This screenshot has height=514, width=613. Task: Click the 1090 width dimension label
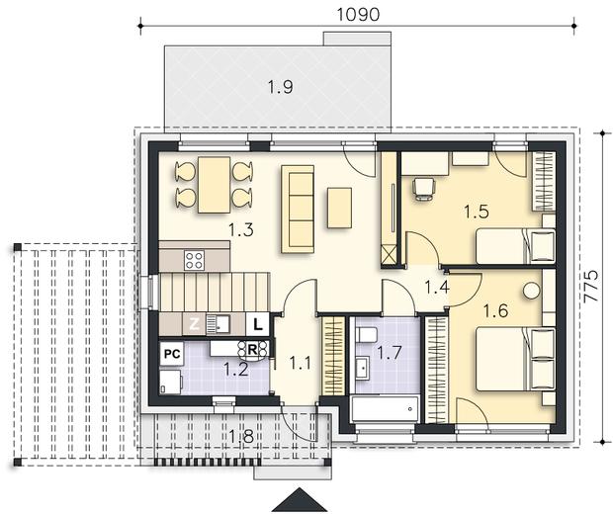[358, 15]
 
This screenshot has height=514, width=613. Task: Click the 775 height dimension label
[590, 286]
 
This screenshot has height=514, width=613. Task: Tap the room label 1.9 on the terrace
[281, 87]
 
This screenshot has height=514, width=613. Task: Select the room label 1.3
[241, 230]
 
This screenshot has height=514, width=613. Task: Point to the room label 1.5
[477, 212]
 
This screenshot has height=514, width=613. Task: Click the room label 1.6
[495, 311]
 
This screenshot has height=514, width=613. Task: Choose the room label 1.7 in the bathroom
[389, 353]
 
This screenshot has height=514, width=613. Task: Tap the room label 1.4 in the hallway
[437, 288]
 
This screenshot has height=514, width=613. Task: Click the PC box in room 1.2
[172, 354]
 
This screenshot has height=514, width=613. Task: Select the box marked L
[257, 324]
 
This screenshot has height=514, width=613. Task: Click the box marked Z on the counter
[194, 324]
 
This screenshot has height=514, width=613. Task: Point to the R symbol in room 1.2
[253, 350]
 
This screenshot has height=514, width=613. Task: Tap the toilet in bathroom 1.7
[366, 335]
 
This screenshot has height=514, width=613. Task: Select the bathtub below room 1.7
[386, 409]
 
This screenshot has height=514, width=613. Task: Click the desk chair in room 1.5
[423, 189]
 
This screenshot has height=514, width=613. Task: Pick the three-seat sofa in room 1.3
[298, 210]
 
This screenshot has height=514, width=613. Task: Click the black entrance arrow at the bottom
[299, 500]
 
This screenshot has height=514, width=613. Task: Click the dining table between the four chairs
[214, 185]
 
